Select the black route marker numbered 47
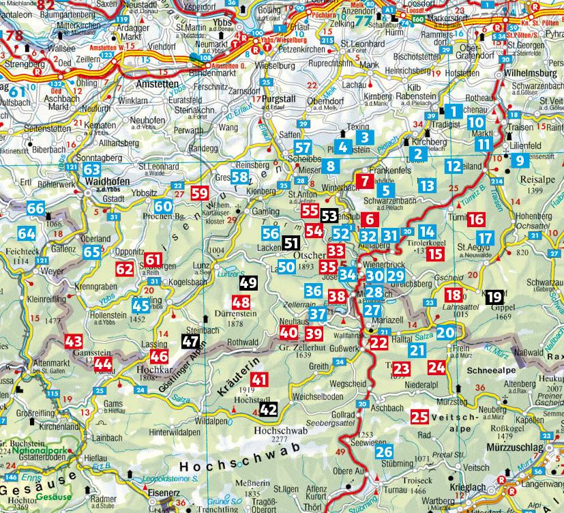point(190,342)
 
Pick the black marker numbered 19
point(494,297)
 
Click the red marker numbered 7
point(366,181)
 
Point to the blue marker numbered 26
point(384,451)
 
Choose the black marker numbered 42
point(269,409)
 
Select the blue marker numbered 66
point(35,209)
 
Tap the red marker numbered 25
point(420,416)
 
